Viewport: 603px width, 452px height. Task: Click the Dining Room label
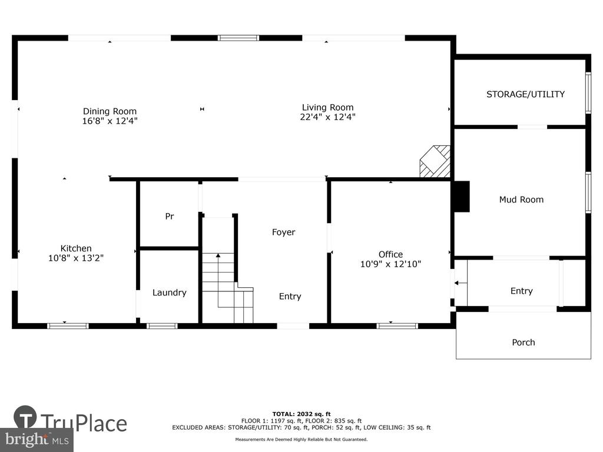[110, 111]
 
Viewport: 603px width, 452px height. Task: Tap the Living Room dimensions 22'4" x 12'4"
[327, 117]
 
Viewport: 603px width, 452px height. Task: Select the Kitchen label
[76, 248]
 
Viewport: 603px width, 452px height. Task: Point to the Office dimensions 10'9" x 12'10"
[391, 264]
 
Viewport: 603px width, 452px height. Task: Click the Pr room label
[170, 217]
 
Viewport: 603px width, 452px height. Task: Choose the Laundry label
[170, 293]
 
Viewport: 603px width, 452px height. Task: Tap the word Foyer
[284, 232]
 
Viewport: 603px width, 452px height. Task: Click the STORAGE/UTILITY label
[526, 94]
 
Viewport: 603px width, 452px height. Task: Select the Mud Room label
[522, 200]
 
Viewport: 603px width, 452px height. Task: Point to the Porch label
[524, 343]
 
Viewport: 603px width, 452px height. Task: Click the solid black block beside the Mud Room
[462, 197]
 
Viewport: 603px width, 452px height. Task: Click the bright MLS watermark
[37, 440]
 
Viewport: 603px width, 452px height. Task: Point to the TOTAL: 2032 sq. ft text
[301, 414]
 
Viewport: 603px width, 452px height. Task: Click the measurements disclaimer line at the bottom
[301, 439]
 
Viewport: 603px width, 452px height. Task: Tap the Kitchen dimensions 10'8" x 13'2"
[76, 258]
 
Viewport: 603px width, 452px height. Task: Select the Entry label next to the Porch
[522, 291]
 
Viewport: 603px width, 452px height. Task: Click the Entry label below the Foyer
[290, 297]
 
